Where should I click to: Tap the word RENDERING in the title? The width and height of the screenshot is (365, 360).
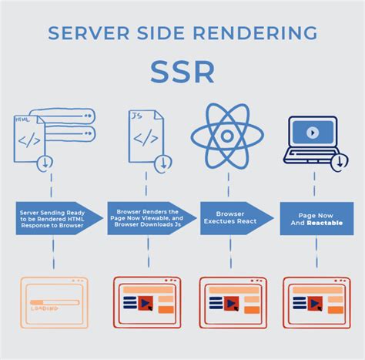click(264, 34)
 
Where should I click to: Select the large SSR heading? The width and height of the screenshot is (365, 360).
click(182, 73)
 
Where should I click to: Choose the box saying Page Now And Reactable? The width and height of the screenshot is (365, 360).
click(315, 218)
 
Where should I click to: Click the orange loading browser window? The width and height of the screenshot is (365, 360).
click(52, 302)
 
